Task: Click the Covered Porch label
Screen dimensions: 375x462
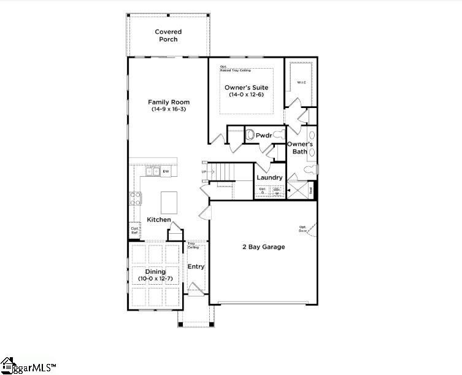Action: [x=167, y=36]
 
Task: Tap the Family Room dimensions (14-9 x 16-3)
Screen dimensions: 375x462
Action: [x=168, y=109]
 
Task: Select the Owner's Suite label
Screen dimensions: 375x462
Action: [x=245, y=88]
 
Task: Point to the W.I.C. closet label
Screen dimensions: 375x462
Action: [x=301, y=82]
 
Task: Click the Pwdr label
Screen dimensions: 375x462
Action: [x=264, y=135]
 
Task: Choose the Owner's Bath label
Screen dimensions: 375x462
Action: [x=301, y=147]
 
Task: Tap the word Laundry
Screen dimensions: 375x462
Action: [x=269, y=178]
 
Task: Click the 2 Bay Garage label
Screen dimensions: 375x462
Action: [x=263, y=247]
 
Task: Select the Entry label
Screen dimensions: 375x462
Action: [x=196, y=266]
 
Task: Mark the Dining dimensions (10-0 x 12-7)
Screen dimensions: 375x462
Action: [x=155, y=279]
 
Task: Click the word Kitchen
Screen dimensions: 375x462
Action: [x=159, y=220]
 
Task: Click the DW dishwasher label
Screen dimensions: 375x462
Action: [x=166, y=172]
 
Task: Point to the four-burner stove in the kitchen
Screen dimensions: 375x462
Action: [x=135, y=198]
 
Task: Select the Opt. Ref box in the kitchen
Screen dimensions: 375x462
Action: [x=134, y=231]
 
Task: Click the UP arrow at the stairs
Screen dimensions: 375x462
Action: [x=204, y=172]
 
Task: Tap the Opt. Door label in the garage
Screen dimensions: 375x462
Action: [x=303, y=229]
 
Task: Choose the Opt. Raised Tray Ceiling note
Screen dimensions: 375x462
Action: [x=235, y=69]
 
